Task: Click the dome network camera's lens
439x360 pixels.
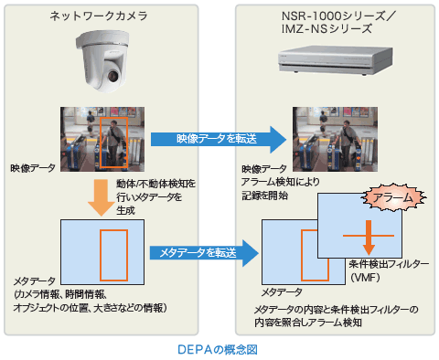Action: coord(112,75)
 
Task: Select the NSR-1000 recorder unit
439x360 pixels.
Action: coord(335,60)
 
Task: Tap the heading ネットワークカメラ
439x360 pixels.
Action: coord(98,16)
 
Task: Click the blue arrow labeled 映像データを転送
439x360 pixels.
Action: coord(219,139)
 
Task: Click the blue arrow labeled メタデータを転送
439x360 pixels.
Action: coord(204,253)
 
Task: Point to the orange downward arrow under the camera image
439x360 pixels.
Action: coord(101,197)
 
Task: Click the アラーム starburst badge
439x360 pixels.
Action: coord(393,197)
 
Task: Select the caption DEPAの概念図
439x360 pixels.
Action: coord(218,349)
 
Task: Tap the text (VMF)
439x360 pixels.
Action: coord(365,277)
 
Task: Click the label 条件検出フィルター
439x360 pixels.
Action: coord(389,264)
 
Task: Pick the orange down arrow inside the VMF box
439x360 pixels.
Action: coord(369,238)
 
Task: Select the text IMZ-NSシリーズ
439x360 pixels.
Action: coord(327,29)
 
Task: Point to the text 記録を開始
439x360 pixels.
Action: coord(264,196)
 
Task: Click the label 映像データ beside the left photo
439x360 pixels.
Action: coord(33,168)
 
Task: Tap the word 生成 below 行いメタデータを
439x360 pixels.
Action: coord(125,210)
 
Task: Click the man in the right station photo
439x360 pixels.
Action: coord(347,143)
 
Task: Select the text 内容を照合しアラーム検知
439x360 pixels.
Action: coord(308,323)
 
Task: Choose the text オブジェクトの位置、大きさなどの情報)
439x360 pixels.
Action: coord(91,308)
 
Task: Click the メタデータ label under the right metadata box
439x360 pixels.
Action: coord(282,292)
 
